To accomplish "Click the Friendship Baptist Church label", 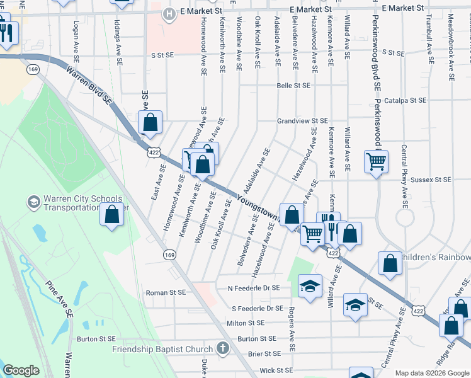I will [x=162, y=349].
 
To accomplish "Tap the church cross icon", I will [x=222, y=348].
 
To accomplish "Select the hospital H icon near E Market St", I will [x=168, y=13].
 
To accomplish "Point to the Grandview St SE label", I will [x=303, y=120].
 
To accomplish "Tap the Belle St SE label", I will [x=294, y=85].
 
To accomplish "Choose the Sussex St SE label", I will [x=431, y=180].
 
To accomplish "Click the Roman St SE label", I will [x=166, y=292].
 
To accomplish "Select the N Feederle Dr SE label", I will [x=253, y=288].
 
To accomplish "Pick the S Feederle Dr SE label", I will [x=257, y=309].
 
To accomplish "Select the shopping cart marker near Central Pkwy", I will [x=376, y=161].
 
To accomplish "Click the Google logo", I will [x=21, y=370].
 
